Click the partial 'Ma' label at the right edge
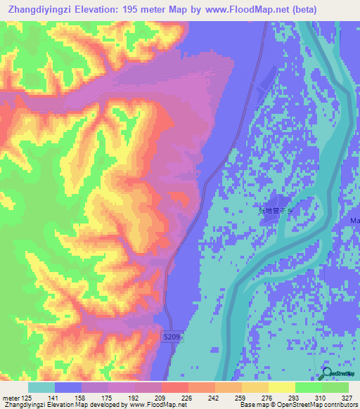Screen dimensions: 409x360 click(x=354, y=221)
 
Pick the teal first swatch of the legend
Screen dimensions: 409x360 click(x=41, y=387)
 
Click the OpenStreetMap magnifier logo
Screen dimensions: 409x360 click(x=328, y=375)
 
